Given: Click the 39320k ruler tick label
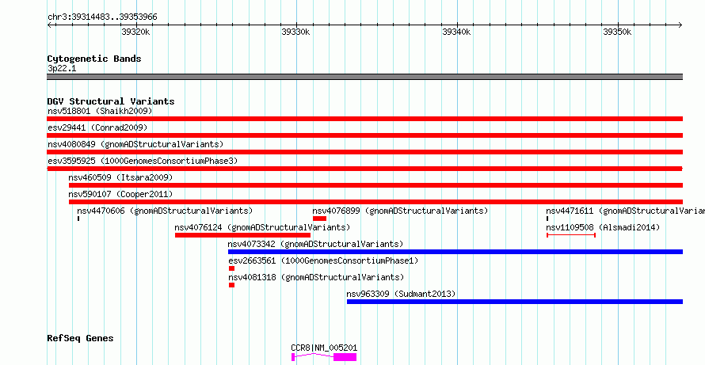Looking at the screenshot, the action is click(135, 32).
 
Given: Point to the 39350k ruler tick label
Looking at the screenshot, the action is click(617, 32).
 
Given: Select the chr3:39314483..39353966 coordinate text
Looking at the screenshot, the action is click(102, 17).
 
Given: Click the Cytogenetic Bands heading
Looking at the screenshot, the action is click(94, 59).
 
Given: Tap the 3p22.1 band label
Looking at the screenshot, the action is click(62, 69).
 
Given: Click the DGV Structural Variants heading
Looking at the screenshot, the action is click(111, 101).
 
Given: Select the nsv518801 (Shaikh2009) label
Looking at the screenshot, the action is click(100, 111).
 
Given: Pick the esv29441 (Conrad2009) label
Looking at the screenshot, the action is click(97, 127).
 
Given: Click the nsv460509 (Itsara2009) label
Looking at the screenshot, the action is click(120, 177).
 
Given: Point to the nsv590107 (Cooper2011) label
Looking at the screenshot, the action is click(120, 194).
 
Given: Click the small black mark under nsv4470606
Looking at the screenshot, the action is click(78, 219).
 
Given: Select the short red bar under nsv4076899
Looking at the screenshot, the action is click(320, 219).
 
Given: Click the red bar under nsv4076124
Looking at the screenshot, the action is click(243, 235).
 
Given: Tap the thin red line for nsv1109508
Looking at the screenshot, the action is click(571, 235).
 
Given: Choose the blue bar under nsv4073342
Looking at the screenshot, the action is click(455, 252).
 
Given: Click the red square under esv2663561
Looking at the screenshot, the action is click(231, 268).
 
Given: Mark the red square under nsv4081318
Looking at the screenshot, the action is click(231, 285).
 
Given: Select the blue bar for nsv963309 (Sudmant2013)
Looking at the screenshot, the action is click(515, 302).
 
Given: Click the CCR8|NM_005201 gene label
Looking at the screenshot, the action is click(324, 348).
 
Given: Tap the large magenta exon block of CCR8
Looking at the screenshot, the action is click(345, 357).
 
